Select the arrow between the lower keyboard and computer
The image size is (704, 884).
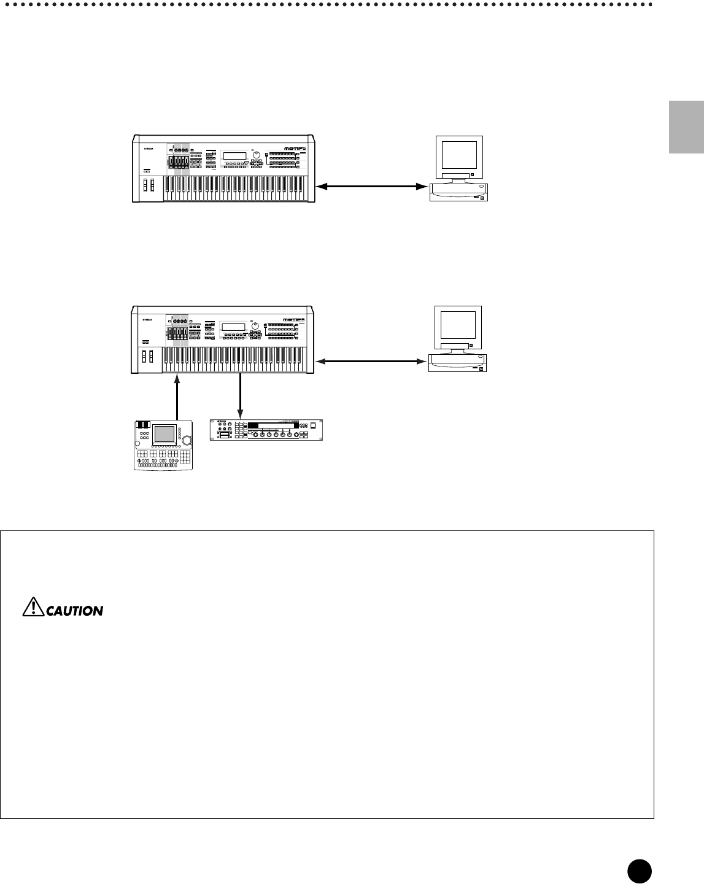(371, 360)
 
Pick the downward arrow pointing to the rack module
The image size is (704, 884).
(240, 396)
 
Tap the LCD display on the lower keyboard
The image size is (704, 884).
(234, 327)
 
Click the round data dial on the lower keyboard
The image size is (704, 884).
(257, 327)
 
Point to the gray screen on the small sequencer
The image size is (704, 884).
(164, 434)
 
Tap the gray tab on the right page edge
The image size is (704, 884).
(686, 127)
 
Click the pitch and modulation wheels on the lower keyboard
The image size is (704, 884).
(147, 357)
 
